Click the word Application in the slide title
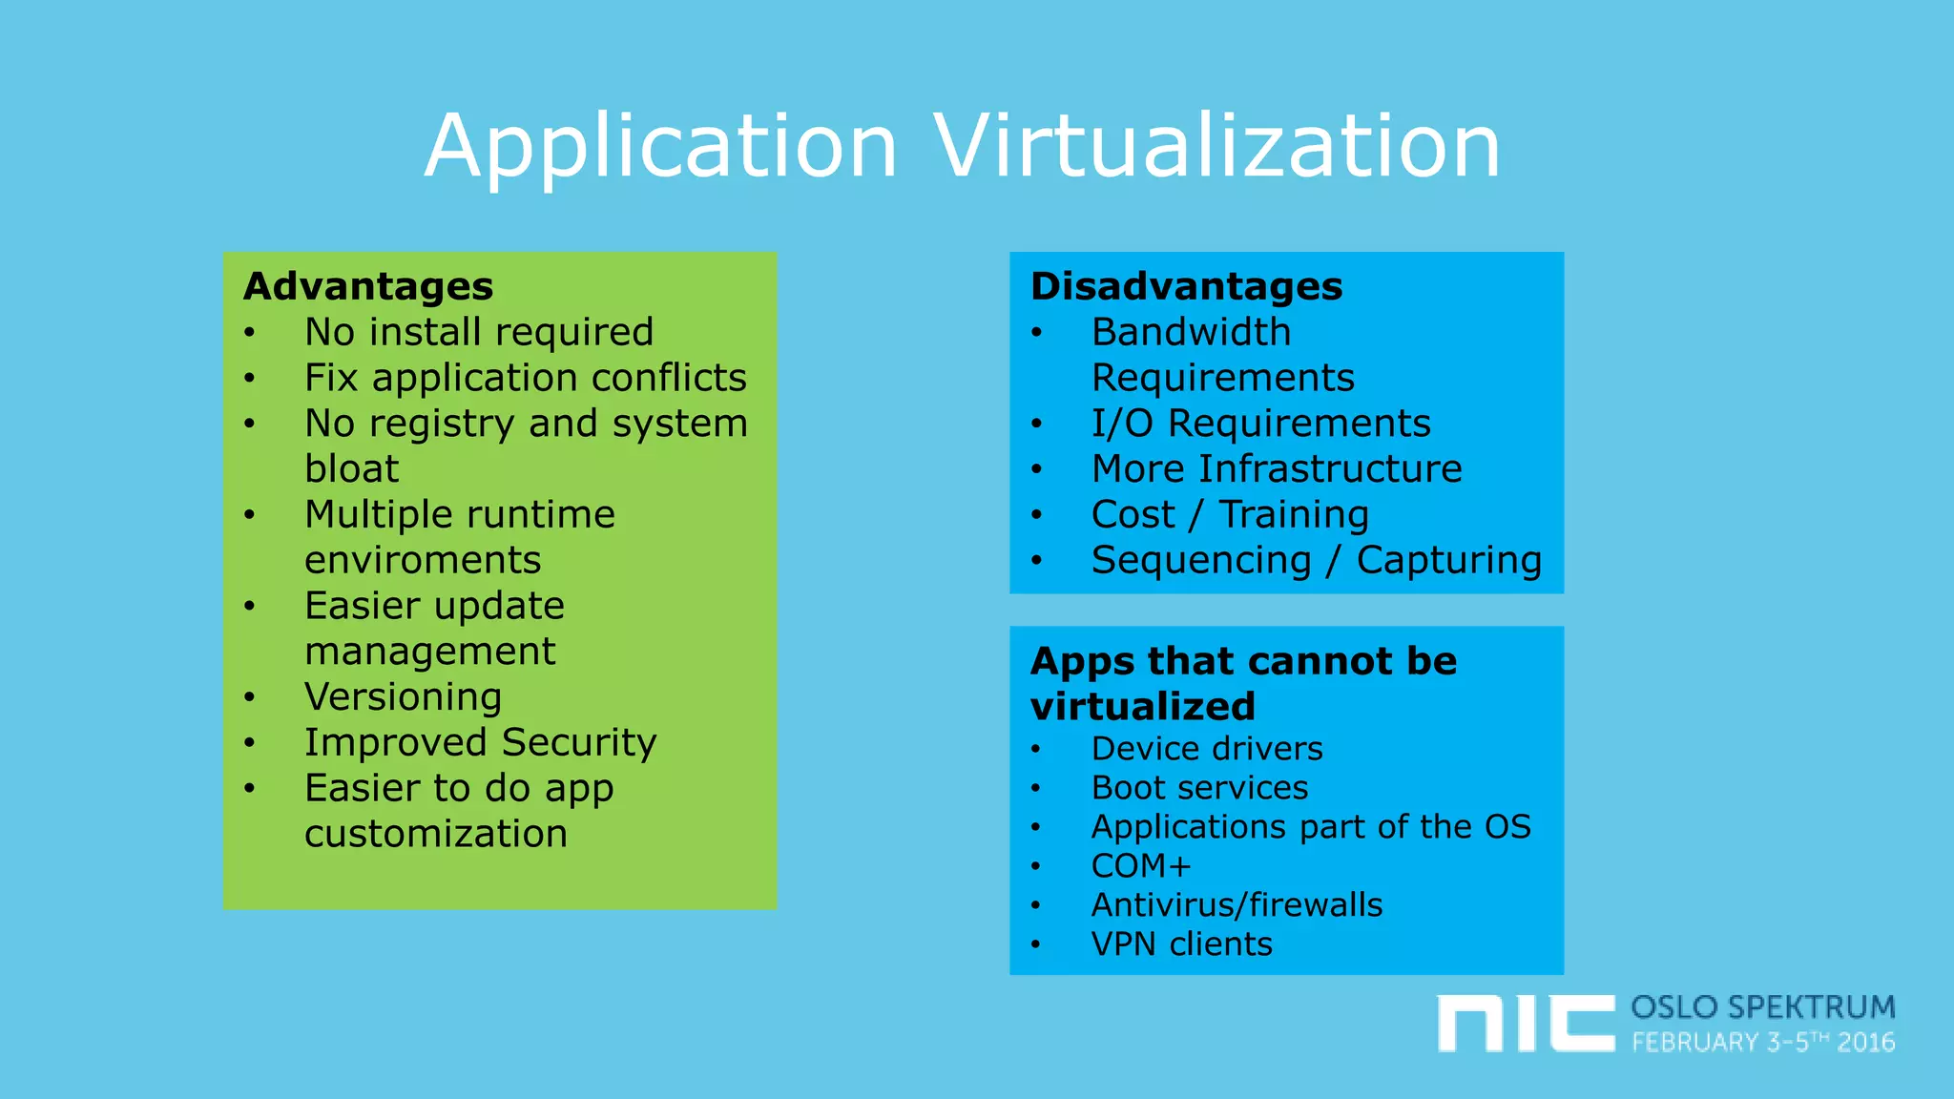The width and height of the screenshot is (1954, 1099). click(661, 148)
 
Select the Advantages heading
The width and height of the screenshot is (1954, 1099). click(368, 286)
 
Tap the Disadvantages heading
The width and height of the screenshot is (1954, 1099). click(1186, 286)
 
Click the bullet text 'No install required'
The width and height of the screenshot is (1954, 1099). click(479, 332)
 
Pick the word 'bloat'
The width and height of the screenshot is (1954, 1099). click(351, 469)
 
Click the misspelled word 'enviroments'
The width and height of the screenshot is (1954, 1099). click(423, 560)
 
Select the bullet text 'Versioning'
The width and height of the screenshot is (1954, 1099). click(403, 697)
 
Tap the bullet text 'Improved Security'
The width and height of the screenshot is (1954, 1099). click(480, 743)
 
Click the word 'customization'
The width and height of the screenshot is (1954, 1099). click(436, 834)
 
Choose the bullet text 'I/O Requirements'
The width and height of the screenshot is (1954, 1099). click(1260, 424)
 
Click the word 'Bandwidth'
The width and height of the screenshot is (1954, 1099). click(1191, 332)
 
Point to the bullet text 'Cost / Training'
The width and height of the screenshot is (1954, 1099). click(1230, 515)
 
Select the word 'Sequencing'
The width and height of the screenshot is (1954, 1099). click(1201, 561)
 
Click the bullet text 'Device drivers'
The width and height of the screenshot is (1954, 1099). click(1207, 749)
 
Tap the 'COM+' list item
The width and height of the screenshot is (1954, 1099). click(1141, 866)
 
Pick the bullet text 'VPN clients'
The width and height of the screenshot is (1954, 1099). click(1181, 944)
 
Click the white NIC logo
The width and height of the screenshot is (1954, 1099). click(1526, 1024)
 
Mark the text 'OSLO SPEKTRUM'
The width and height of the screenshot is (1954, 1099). click(1762, 1007)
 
